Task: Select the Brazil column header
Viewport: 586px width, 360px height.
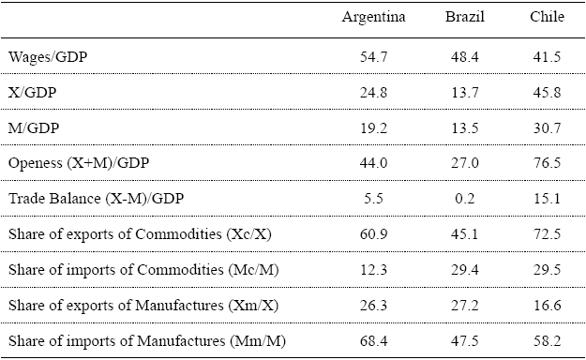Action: [x=465, y=18]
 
